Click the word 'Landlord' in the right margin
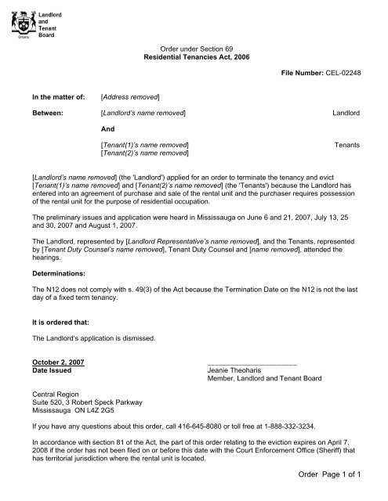click(x=346, y=114)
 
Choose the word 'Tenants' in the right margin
click(x=347, y=145)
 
